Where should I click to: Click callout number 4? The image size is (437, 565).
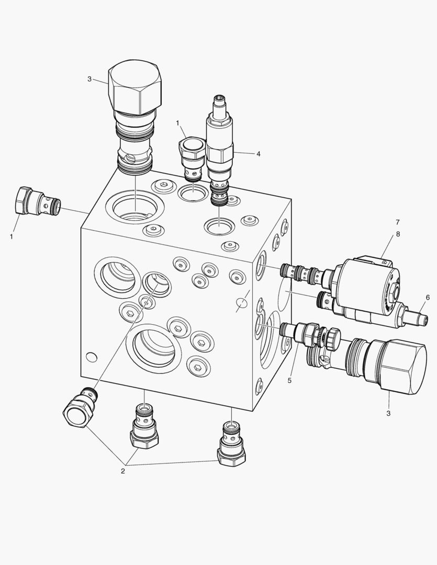click(258, 154)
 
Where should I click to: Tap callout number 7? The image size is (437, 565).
click(398, 222)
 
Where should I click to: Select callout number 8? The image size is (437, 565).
click(398, 234)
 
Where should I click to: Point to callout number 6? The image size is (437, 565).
click(428, 297)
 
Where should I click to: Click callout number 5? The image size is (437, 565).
click(289, 380)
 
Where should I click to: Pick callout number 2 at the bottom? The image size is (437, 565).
click(123, 471)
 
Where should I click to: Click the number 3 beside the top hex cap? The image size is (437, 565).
click(89, 79)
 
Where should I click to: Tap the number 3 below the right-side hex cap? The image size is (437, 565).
click(388, 413)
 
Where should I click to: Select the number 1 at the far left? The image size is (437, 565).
click(12, 237)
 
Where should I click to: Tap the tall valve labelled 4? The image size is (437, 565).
click(219, 151)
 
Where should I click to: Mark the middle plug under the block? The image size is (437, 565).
click(144, 426)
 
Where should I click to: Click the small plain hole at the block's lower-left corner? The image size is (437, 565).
click(92, 357)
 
